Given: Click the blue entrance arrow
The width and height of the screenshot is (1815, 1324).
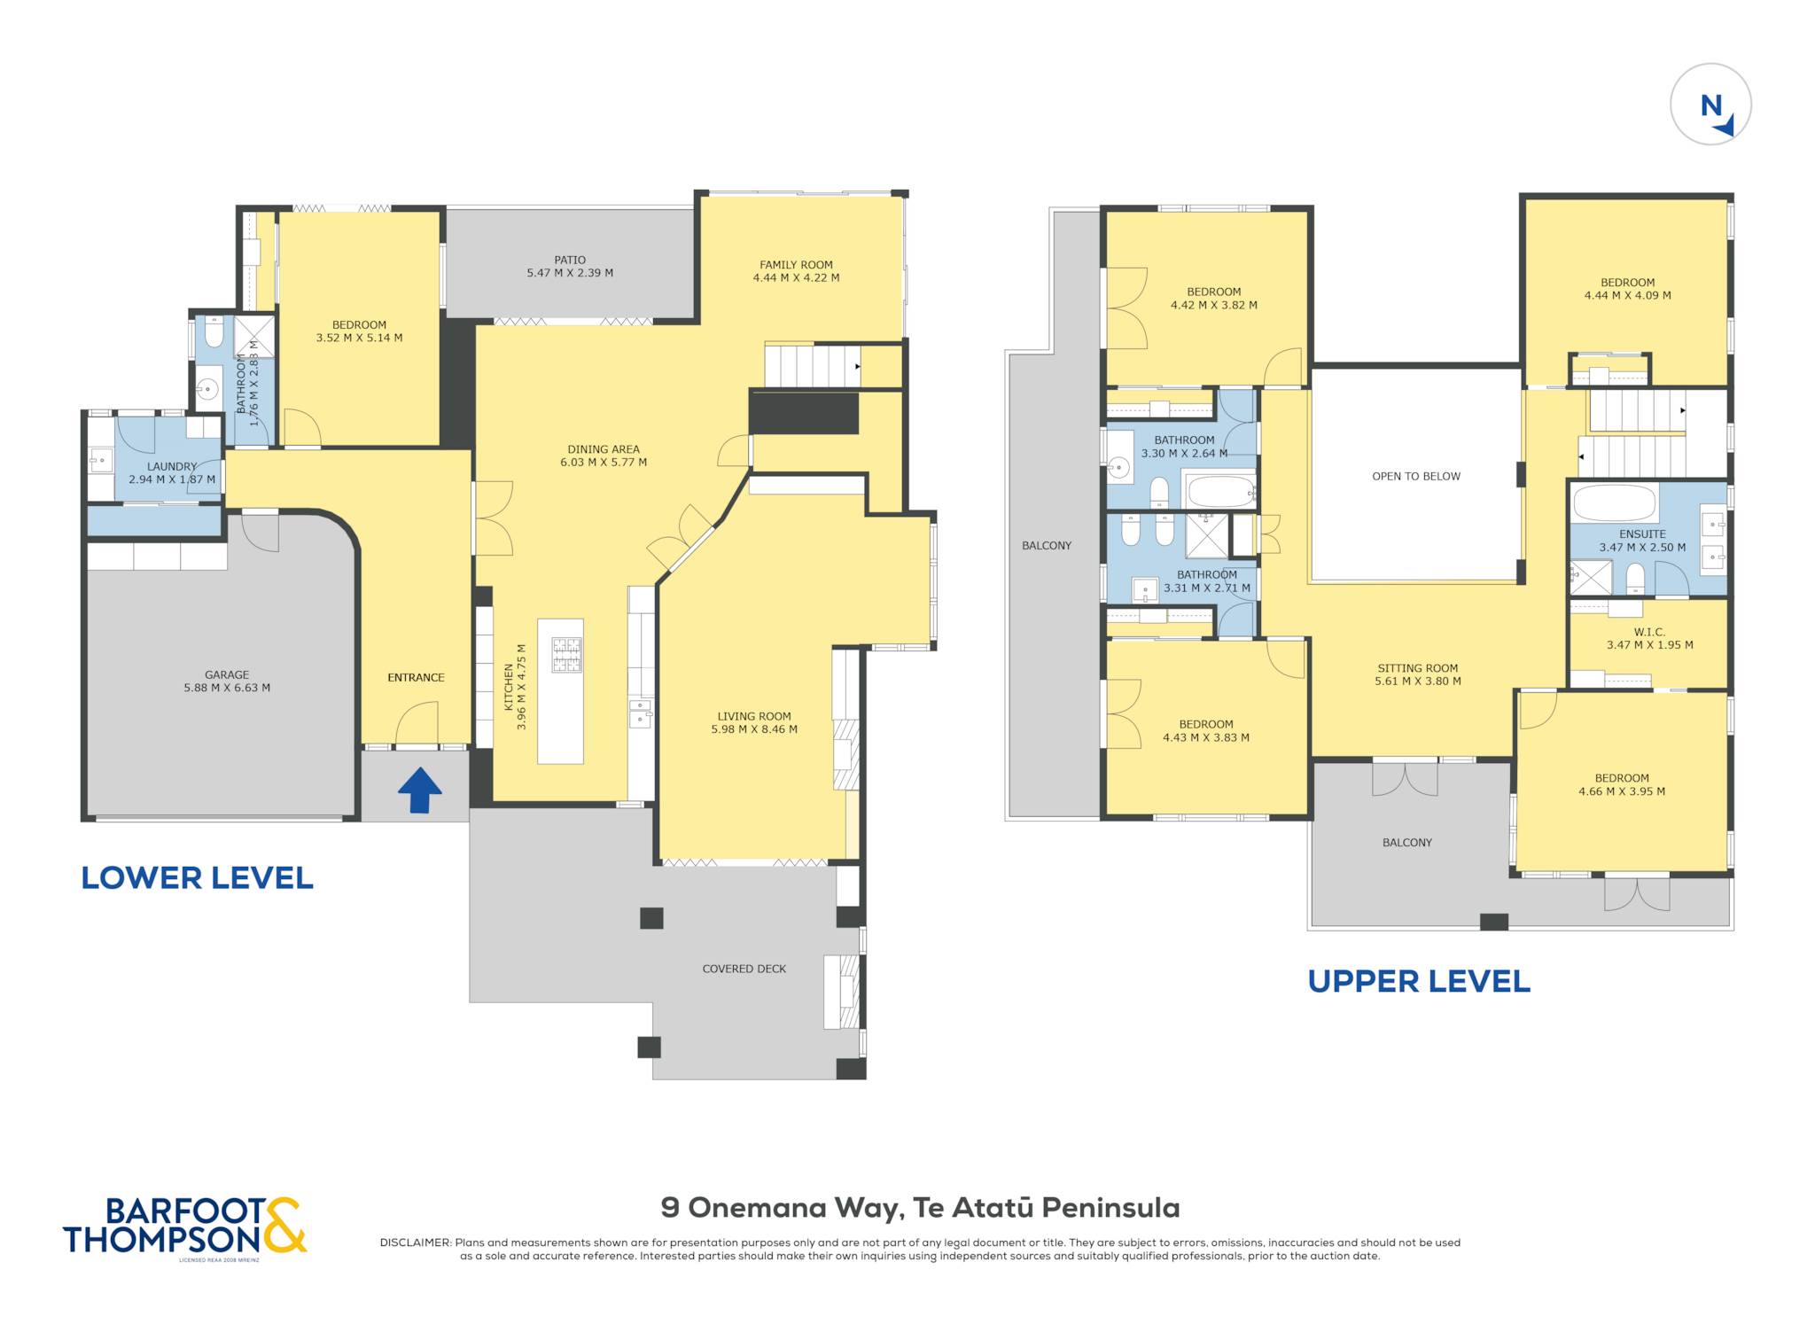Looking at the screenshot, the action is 419,790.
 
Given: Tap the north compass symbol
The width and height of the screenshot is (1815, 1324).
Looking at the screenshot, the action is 1710,105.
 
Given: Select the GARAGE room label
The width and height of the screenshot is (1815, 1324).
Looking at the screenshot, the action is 227,674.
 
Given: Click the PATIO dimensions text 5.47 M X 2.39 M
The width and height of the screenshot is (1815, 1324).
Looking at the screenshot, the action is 570,273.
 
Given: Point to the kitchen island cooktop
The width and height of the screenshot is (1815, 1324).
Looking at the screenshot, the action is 567,655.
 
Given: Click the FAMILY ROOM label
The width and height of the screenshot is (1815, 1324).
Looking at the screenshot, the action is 796,264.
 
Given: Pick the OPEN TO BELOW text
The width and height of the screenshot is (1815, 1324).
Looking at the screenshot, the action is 1416,476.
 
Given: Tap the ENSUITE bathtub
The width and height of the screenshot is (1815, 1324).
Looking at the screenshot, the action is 1614,502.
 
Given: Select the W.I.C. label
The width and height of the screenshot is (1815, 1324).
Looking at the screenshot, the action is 1649,632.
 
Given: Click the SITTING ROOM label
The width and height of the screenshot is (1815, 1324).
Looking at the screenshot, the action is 1417,668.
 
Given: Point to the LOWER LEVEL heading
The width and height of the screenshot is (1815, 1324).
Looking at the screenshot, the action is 197,877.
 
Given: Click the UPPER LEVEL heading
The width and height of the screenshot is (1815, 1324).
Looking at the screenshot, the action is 1419,981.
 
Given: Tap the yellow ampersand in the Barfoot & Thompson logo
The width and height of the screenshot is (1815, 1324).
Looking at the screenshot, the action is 285,1225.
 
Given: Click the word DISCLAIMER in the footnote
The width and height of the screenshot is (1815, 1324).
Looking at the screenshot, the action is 415,1242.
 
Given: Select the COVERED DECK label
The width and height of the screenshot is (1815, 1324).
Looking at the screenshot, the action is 744,969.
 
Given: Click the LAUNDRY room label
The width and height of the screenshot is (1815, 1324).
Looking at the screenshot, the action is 172,466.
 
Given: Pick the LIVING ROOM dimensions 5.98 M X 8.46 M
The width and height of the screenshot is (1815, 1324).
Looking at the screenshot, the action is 754,729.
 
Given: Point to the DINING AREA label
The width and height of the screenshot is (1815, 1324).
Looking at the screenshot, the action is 604,449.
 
